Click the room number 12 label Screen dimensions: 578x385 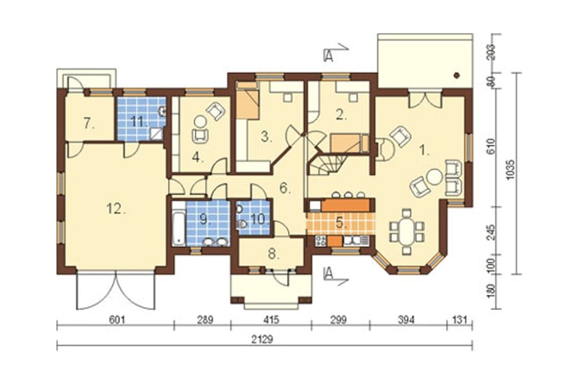pos(116,209)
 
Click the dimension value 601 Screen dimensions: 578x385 pos(117,319)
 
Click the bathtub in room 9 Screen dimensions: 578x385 pos(179,224)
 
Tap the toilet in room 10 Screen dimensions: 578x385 pos(243,224)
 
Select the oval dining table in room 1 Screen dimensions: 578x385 pos(407,232)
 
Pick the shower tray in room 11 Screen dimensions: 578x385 pos(157,134)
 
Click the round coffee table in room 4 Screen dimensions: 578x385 pos(201,121)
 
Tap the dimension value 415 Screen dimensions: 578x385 pos(271,319)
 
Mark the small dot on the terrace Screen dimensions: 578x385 pos(457,76)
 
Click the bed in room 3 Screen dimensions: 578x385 pos(247,101)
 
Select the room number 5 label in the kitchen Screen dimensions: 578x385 pos(340,223)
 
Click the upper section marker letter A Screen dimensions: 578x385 pos(328,55)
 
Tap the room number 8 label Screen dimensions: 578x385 pos(272,254)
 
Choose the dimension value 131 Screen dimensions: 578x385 pos(460,319)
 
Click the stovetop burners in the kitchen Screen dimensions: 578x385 pos(320,241)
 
